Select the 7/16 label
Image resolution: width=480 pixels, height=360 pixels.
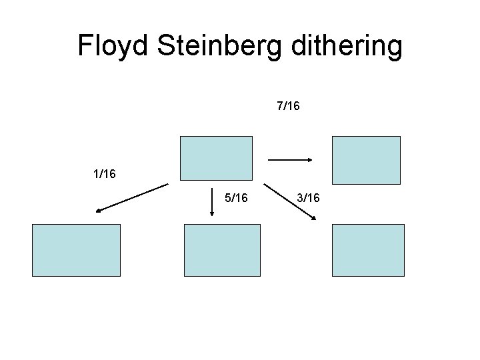click(x=288, y=106)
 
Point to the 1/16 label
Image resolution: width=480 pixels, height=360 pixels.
click(x=105, y=174)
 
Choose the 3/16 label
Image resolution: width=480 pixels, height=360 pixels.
click(x=308, y=197)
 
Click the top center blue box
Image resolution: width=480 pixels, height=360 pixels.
click(x=217, y=158)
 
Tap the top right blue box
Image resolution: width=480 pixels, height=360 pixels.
click(x=366, y=160)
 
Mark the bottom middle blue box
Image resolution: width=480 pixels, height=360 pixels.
click(x=222, y=250)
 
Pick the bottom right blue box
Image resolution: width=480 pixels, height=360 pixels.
click(x=368, y=250)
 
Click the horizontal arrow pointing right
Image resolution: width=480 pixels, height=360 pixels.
click(x=290, y=159)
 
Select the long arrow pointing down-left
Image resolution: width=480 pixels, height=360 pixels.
click(x=131, y=198)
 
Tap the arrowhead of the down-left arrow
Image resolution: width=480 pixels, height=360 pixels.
click(x=97, y=211)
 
